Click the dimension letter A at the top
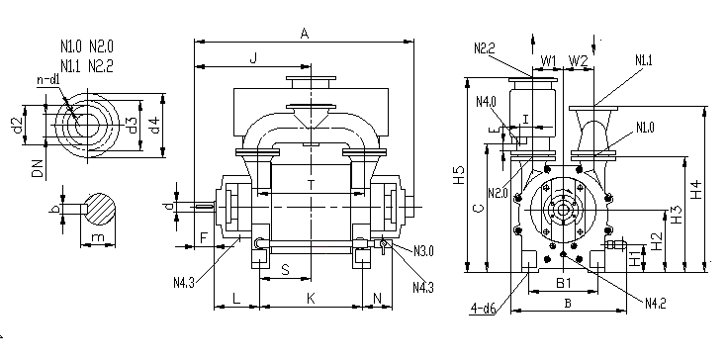(305, 34)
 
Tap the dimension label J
(253, 58)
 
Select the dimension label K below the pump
(311, 299)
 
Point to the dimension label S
(286, 270)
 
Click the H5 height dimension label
(459, 175)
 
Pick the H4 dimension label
(696, 190)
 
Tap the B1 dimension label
(564, 283)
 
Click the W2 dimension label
(579, 60)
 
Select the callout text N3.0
(423, 251)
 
